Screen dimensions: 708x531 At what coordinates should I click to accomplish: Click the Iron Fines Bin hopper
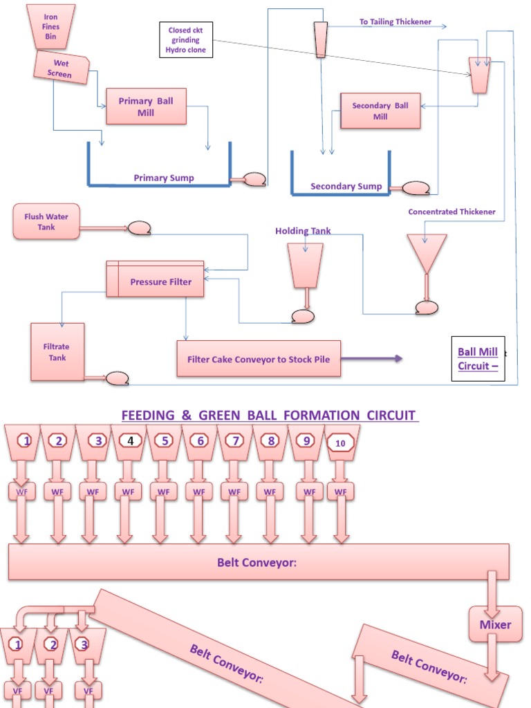51,27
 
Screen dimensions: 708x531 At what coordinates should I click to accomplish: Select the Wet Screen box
62,68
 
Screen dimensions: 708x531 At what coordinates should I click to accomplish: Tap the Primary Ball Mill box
146,106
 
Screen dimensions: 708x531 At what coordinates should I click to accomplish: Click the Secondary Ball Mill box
380,111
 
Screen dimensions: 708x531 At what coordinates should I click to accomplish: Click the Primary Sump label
164,178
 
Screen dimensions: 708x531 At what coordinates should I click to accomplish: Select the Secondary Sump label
346,186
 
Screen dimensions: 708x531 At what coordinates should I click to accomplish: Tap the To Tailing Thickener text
395,22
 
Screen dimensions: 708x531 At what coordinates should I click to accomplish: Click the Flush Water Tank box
46,222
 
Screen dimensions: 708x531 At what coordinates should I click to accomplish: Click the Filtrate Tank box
57,352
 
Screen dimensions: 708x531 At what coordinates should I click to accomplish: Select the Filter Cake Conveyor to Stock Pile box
259,359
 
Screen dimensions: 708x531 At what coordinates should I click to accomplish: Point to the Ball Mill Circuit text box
478,359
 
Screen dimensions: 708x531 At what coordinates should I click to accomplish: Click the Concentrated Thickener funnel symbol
426,253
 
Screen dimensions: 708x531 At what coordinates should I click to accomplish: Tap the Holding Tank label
303,231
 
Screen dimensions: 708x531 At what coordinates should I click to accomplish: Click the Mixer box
495,624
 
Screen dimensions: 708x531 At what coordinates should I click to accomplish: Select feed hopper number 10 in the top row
339,442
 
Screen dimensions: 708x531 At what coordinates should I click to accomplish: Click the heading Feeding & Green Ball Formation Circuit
269,416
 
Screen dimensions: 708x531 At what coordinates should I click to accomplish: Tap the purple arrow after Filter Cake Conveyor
373,359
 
